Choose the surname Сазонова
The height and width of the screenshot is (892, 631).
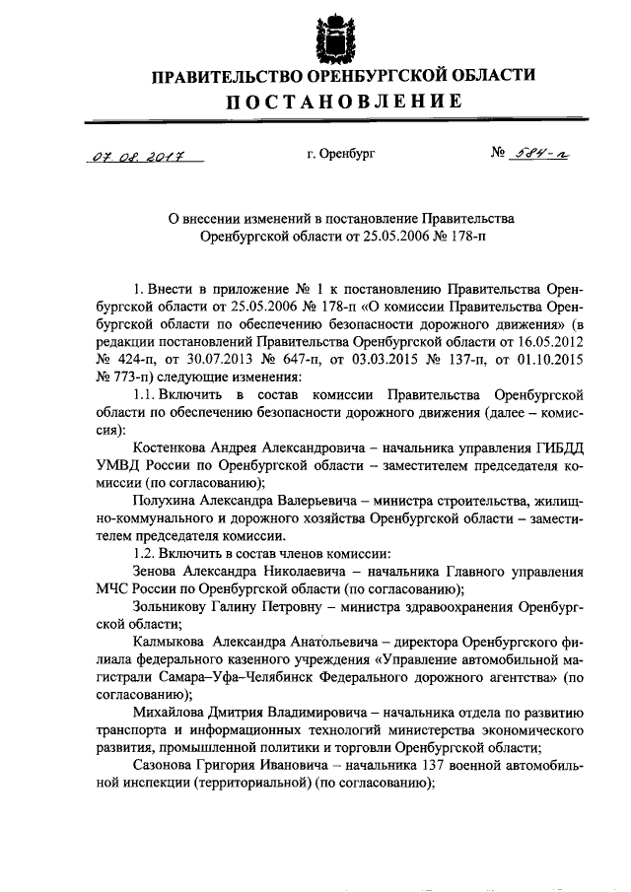pyautogui.click(x=172, y=766)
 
